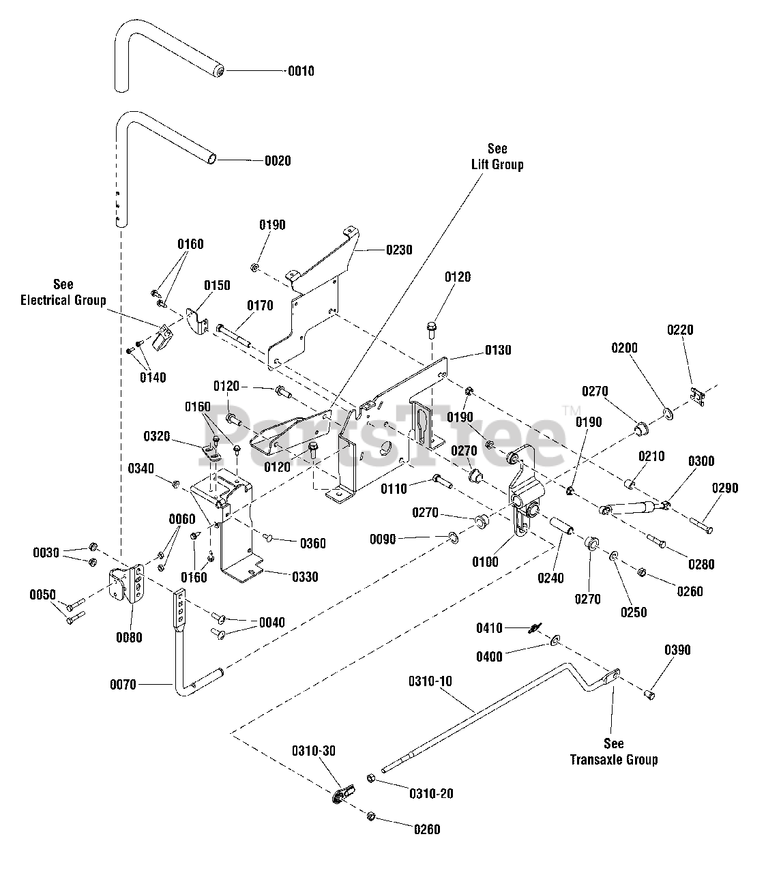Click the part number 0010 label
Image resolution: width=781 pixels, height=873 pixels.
[x=301, y=71]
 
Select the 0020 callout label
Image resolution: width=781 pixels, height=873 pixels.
[x=278, y=161]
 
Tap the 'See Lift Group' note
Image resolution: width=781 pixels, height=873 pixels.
[x=497, y=157]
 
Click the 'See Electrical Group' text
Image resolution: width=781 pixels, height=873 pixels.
[x=63, y=292]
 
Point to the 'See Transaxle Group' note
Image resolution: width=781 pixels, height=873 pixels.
[x=614, y=752]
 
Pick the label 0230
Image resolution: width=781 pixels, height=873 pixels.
[x=399, y=250]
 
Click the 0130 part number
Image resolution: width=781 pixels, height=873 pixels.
[x=498, y=350]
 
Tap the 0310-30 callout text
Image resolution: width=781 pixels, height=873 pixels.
[x=314, y=751]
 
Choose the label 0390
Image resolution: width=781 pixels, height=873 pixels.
[x=677, y=650]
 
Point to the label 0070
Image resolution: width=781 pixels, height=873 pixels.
[x=123, y=683]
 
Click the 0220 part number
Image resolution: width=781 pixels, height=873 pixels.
[x=679, y=330]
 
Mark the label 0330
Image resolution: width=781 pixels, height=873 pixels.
[x=305, y=577]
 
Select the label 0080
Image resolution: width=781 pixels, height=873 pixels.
[x=129, y=638]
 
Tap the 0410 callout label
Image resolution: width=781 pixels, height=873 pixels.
[x=489, y=627]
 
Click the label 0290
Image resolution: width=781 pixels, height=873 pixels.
[x=724, y=488]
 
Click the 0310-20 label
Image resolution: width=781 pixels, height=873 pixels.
[x=430, y=794]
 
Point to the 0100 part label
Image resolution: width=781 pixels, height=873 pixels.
[x=485, y=563]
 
